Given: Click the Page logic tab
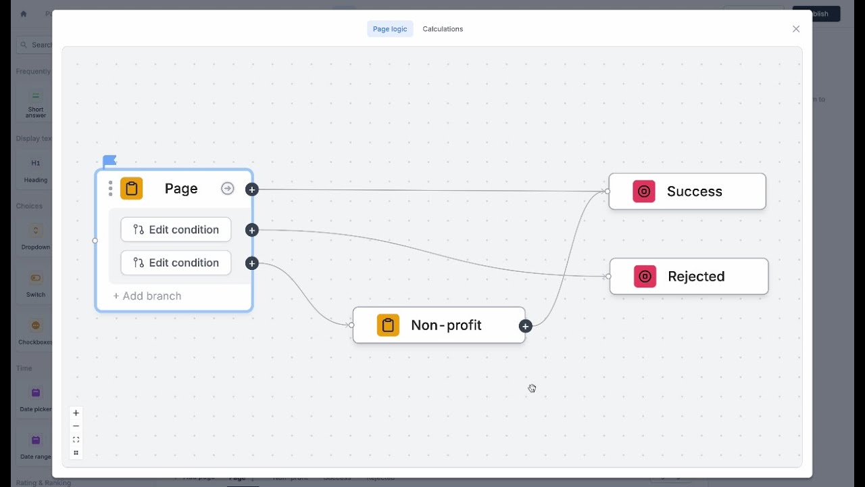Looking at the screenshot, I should pyautogui.click(x=390, y=29).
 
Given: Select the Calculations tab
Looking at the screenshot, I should pyautogui.click(x=443, y=29).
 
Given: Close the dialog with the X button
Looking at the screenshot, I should pyautogui.click(x=796, y=29).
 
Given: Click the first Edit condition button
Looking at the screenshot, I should pyautogui.click(x=176, y=229).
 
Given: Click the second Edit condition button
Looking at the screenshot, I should pyautogui.click(x=176, y=262).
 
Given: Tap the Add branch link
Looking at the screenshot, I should pyautogui.click(x=147, y=296).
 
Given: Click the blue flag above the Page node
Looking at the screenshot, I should pyautogui.click(x=109, y=161).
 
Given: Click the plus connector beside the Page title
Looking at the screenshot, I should pyautogui.click(x=252, y=190).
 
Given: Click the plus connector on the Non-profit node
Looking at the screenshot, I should pyautogui.click(x=525, y=326).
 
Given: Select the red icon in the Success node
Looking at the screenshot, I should pyautogui.click(x=644, y=191).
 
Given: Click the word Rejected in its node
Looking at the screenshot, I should pyautogui.click(x=696, y=276).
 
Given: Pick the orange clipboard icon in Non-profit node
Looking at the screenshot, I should pyautogui.click(x=388, y=325).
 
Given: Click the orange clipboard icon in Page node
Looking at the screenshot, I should pyautogui.click(x=132, y=189).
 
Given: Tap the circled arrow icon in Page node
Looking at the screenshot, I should pyautogui.click(x=228, y=189).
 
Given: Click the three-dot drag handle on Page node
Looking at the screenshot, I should pyautogui.click(x=110, y=189).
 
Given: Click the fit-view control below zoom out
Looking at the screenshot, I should pyautogui.click(x=76, y=440).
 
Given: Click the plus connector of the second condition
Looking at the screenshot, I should pyautogui.click(x=252, y=263).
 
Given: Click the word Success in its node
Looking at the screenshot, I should pyautogui.click(x=694, y=191).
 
